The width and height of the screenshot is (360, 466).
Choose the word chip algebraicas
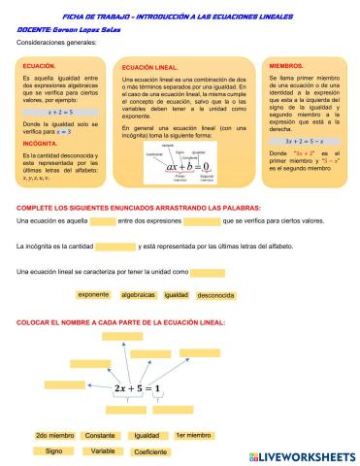tap(138, 294)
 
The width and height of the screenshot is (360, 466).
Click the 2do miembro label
tap(54, 436)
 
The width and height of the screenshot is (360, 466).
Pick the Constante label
tap(99, 436)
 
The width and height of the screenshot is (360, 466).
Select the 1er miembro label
tap(193, 436)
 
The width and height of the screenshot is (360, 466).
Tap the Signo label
tap(54, 451)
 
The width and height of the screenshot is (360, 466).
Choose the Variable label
tap(103, 451)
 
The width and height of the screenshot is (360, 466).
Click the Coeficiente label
tap(150, 451)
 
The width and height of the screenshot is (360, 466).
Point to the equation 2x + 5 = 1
tap(141, 386)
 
